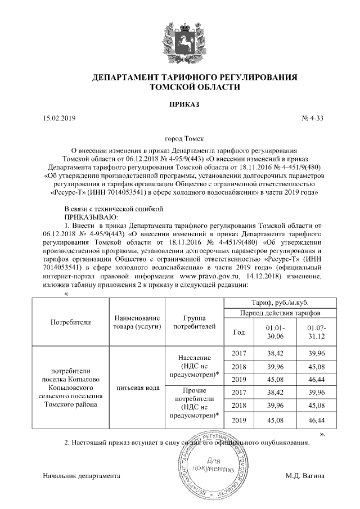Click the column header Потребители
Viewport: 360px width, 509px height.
click(x=70, y=322)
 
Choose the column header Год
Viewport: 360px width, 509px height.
click(x=238, y=332)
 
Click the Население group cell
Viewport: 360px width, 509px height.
click(x=193, y=366)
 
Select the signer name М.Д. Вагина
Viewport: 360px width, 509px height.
click(x=305, y=476)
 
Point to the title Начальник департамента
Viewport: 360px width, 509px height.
click(x=82, y=476)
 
